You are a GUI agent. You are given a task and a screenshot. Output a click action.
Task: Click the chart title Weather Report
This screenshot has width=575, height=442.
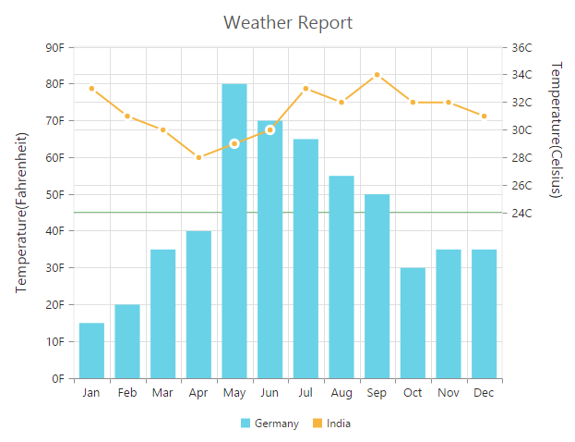[x=288, y=22]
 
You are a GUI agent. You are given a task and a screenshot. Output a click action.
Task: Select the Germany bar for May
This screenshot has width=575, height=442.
[x=234, y=231]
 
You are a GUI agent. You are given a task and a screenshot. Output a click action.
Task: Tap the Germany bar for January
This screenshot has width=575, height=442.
[x=91, y=350]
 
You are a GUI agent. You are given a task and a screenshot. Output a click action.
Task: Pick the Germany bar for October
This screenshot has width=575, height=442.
[x=413, y=323]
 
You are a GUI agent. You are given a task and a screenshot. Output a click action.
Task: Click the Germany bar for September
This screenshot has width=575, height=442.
[x=377, y=286]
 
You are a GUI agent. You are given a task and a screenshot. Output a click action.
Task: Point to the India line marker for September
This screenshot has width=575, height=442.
[x=377, y=74]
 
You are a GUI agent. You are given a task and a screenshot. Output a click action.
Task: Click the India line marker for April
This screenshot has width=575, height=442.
[x=198, y=157]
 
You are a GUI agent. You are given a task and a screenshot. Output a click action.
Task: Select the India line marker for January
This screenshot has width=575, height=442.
[x=91, y=89]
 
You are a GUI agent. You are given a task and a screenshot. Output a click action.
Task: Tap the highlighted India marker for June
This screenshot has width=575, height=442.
[x=270, y=129]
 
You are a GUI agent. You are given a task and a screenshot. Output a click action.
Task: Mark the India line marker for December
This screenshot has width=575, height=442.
[x=484, y=116]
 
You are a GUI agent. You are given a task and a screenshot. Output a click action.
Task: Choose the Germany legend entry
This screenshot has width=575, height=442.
[x=270, y=424]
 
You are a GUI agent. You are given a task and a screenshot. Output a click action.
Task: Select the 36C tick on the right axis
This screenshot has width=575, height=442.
[x=521, y=47]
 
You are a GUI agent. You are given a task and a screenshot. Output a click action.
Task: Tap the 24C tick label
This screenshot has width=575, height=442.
[x=521, y=213]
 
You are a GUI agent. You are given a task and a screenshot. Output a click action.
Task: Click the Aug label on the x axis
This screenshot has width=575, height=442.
[x=341, y=393]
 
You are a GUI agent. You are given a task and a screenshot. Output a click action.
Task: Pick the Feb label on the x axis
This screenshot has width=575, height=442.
[x=127, y=393]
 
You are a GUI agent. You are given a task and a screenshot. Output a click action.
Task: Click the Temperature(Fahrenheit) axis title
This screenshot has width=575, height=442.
[x=22, y=213]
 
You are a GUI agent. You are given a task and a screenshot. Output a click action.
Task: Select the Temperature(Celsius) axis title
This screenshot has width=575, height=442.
[x=555, y=129]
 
